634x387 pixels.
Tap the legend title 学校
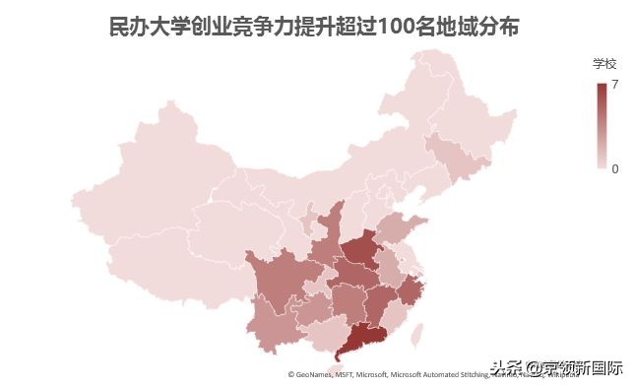coord(603,63)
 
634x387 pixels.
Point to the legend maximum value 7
coord(615,86)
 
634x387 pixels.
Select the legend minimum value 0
coord(615,168)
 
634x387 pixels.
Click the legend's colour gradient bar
coord(602,126)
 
